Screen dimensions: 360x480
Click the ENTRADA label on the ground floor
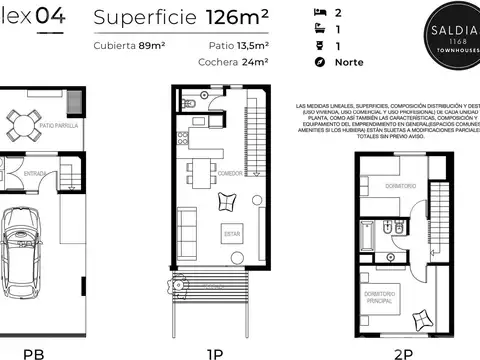(35, 173)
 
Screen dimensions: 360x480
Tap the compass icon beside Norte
(320, 62)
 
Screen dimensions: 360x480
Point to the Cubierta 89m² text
(129, 46)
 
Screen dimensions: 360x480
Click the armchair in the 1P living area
(224, 203)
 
